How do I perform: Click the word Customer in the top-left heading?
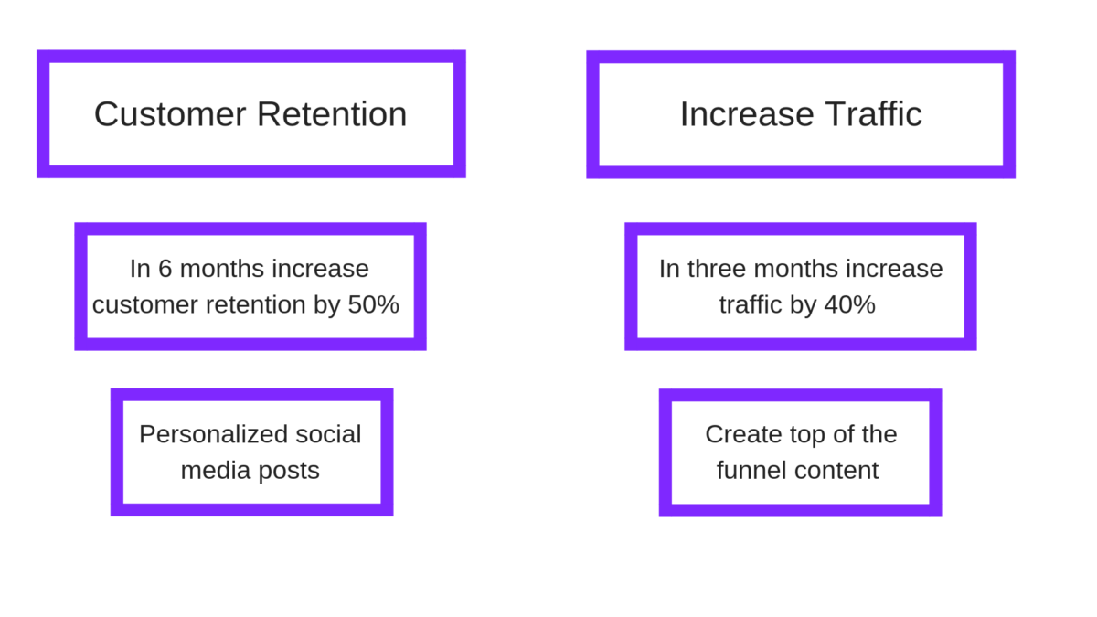point(170,114)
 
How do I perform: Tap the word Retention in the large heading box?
point(332,114)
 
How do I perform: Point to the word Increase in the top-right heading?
point(747,114)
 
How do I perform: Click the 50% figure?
point(374,304)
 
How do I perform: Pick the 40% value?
point(849,304)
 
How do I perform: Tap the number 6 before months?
point(165,269)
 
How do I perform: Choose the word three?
point(718,269)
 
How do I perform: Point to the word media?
point(216,470)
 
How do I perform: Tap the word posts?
point(289,472)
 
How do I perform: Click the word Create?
point(738,434)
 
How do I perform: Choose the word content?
point(836,471)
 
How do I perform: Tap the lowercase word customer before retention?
point(145,305)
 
